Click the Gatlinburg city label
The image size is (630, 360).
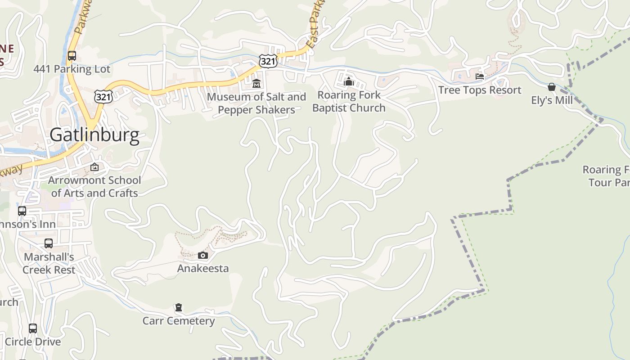(94, 135)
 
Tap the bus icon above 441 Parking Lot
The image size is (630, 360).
(72, 56)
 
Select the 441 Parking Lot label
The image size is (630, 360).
(72, 69)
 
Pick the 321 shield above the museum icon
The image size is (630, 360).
(268, 61)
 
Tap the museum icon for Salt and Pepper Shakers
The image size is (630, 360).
(256, 83)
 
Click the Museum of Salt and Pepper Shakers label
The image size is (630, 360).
(256, 103)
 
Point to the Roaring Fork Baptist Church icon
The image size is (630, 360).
(349, 81)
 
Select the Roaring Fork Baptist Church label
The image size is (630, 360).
(349, 101)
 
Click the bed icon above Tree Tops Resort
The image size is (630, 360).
(480, 76)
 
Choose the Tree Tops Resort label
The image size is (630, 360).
(480, 90)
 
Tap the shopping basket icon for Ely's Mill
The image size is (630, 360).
(552, 87)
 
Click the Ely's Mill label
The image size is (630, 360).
(552, 100)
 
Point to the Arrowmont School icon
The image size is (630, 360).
(94, 167)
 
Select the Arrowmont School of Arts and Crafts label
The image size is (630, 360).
(94, 186)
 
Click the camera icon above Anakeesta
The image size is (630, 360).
(203, 256)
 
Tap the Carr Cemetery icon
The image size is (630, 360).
(179, 308)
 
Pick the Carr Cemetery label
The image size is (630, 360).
(179, 321)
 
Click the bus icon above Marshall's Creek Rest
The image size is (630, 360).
(49, 243)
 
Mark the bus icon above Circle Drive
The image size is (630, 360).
(33, 328)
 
